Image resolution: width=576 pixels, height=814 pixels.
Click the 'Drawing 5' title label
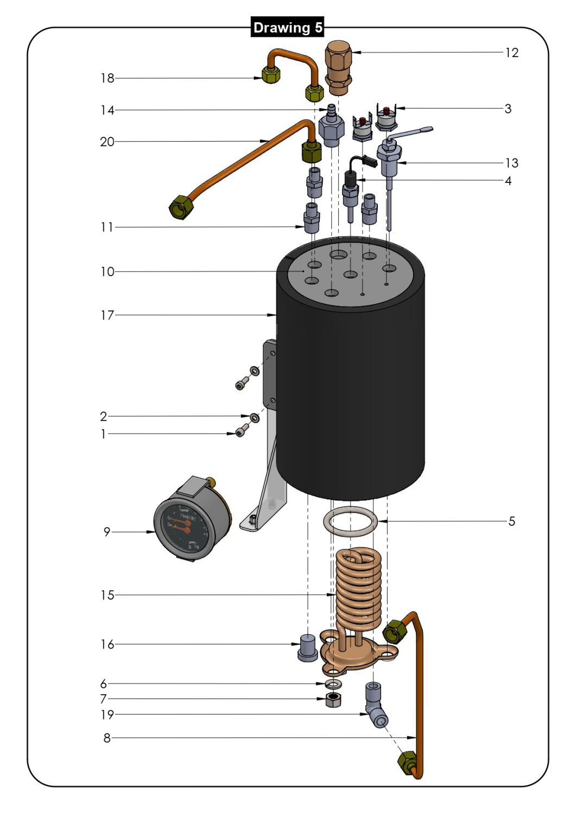(x=287, y=27)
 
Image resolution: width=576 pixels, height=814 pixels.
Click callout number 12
(x=511, y=53)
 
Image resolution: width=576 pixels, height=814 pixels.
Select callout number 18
(x=107, y=78)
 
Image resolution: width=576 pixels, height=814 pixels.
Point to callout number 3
(x=508, y=109)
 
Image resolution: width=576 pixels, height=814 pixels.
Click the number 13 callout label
(x=511, y=163)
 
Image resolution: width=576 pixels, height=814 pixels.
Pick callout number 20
(x=107, y=142)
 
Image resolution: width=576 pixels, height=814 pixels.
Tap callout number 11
(x=107, y=227)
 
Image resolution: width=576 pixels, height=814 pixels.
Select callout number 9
(x=107, y=532)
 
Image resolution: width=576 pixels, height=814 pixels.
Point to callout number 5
(x=511, y=522)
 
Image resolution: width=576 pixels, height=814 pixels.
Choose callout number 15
(x=107, y=595)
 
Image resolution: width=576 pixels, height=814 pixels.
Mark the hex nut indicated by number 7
(x=333, y=700)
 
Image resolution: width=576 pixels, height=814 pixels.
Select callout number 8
(x=107, y=738)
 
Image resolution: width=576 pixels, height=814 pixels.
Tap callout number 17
(x=107, y=315)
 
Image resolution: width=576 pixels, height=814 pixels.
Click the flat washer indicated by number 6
(x=333, y=683)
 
